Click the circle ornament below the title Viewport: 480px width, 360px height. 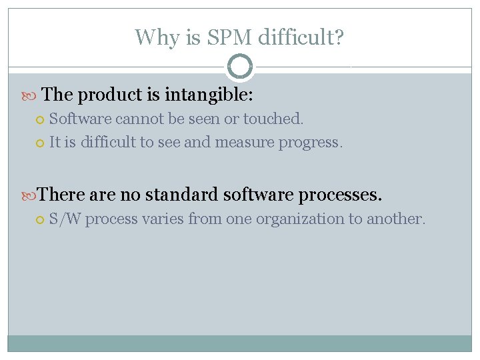(x=240, y=66)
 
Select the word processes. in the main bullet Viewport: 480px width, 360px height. (x=340, y=195)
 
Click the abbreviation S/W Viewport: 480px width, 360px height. (x=65, y=219)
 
